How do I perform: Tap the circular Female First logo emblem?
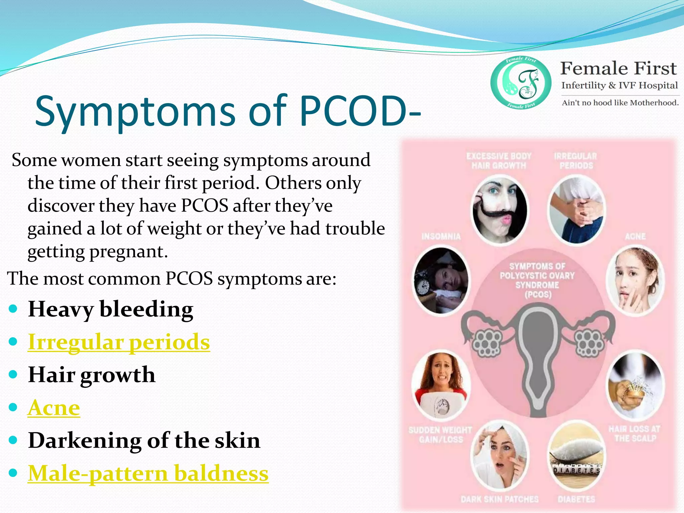[521, 82]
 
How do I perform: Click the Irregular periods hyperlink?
[119, 342]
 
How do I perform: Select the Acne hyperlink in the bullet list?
[54, 408]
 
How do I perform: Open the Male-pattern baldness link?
[148, 473]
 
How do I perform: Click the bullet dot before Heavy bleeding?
[13, 309]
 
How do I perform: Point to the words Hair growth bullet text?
[92, 375]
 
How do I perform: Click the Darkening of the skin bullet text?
[144, 441]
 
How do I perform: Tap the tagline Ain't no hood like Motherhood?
[620, 103]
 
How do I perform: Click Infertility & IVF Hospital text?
[619, 85]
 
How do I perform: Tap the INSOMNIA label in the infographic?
[441, 237]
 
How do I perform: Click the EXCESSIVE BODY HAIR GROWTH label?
[499, 161]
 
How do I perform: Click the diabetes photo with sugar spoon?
[577, 456]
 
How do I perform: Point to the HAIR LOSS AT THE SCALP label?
[634, 434]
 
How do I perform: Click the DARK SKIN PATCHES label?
[500, 499]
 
